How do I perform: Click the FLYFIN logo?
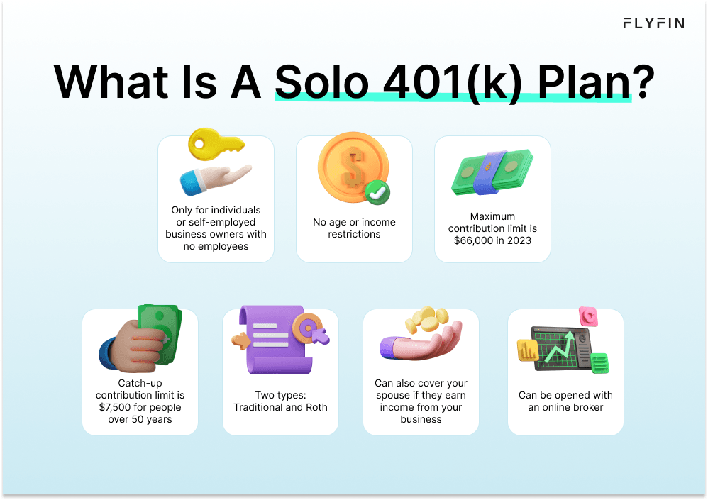(x=653, y=23)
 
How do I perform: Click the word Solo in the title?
(x=321, y=83)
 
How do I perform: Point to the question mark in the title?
(x=642, y=83)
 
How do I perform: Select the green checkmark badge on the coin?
(x=377, y=190)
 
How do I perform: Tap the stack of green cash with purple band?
(x=492, y=172)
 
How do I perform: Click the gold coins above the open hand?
(x=426, y=320)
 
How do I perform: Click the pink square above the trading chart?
(x=588, y=316)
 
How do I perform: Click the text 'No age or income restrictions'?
(x=354, y=228)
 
